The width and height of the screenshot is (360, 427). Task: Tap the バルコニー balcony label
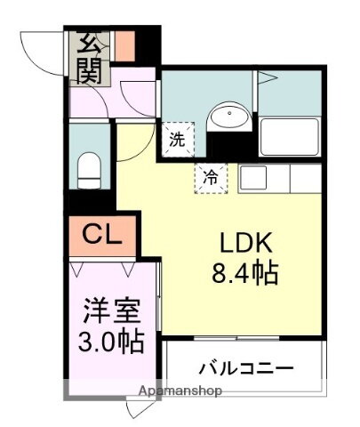pos(245,367)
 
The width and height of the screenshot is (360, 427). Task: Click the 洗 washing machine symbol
pos(176,138)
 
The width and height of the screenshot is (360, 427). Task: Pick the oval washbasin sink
pos(230,117)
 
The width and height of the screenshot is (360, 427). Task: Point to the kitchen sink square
pos(253,177)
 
